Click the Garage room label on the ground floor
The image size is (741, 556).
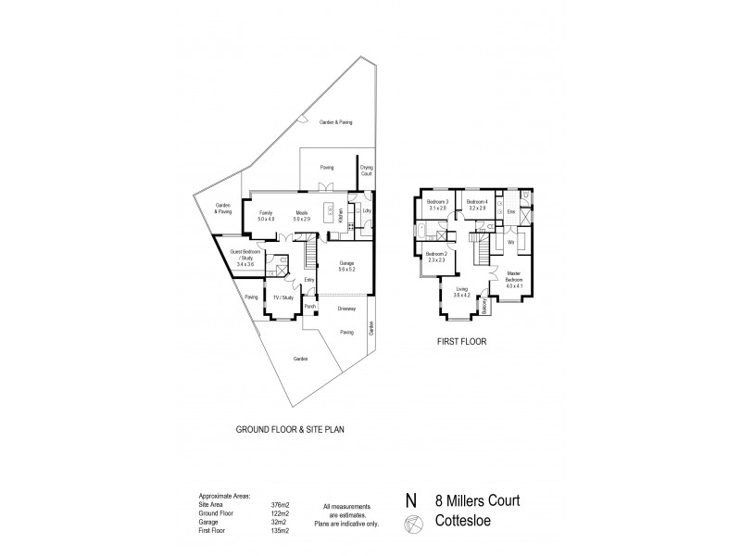(347, 262)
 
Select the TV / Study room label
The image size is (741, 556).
(282, 297)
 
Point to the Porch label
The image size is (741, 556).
(310, 306)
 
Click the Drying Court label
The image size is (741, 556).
(366, 170)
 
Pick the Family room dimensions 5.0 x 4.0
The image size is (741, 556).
(266, 219)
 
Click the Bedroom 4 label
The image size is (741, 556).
(477, 201)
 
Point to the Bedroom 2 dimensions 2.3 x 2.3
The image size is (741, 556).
(436, 259)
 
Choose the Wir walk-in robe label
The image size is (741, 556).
(510, 242)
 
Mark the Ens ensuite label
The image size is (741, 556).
(510, 212)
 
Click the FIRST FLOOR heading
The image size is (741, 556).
(461, 340)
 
